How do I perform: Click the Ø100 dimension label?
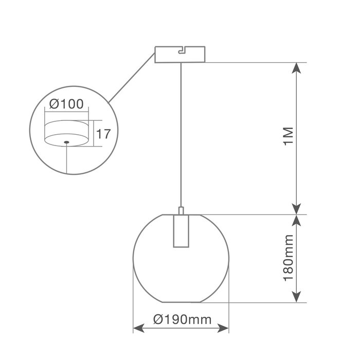point(66,104)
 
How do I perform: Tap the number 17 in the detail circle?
point(103,134)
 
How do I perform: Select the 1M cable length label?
point(289,136)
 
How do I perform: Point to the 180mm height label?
point(289,258)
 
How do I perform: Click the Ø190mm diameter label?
point(182,319)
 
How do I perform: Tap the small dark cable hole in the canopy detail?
point(66,142)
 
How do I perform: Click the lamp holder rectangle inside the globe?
point(181,231)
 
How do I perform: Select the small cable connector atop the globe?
point(181,211)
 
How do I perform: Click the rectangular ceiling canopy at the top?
point(180,55)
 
